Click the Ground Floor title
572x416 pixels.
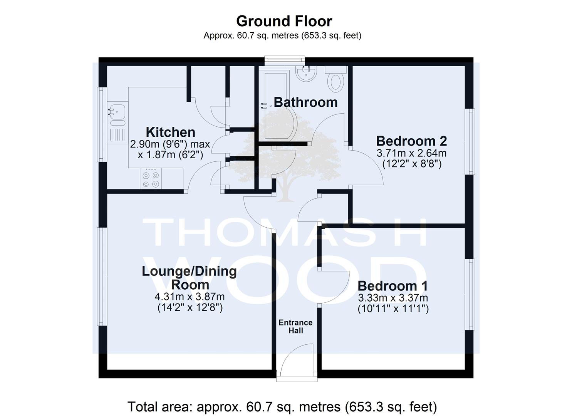coord(284,21)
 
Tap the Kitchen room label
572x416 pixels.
coord(170,132)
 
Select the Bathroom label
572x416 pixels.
coord(306,102)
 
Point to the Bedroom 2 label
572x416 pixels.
coord(411,141)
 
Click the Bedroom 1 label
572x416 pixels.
coord(393,286)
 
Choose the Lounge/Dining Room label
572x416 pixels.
coord(189,278)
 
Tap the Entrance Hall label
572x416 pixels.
coord(296,326)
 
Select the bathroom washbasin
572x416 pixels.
coord(306,74)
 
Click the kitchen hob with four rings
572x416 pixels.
coord(151,178)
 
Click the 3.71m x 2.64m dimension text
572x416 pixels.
coord(411,153)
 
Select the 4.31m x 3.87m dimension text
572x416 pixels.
coord(190,297)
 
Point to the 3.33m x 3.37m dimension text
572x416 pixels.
coord(393,298)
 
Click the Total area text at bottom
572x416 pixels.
coord(282,407)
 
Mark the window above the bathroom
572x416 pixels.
coord(285,60)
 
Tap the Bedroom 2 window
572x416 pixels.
coord(470,141)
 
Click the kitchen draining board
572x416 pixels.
coord(117,135)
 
